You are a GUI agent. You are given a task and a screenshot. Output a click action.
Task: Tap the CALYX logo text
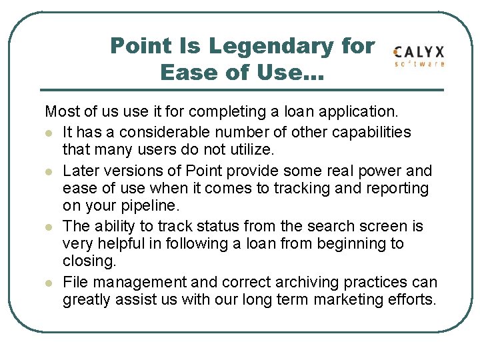click(x=419, y=52)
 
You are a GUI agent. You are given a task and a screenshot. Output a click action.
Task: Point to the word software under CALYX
click(x=420, y=64)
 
